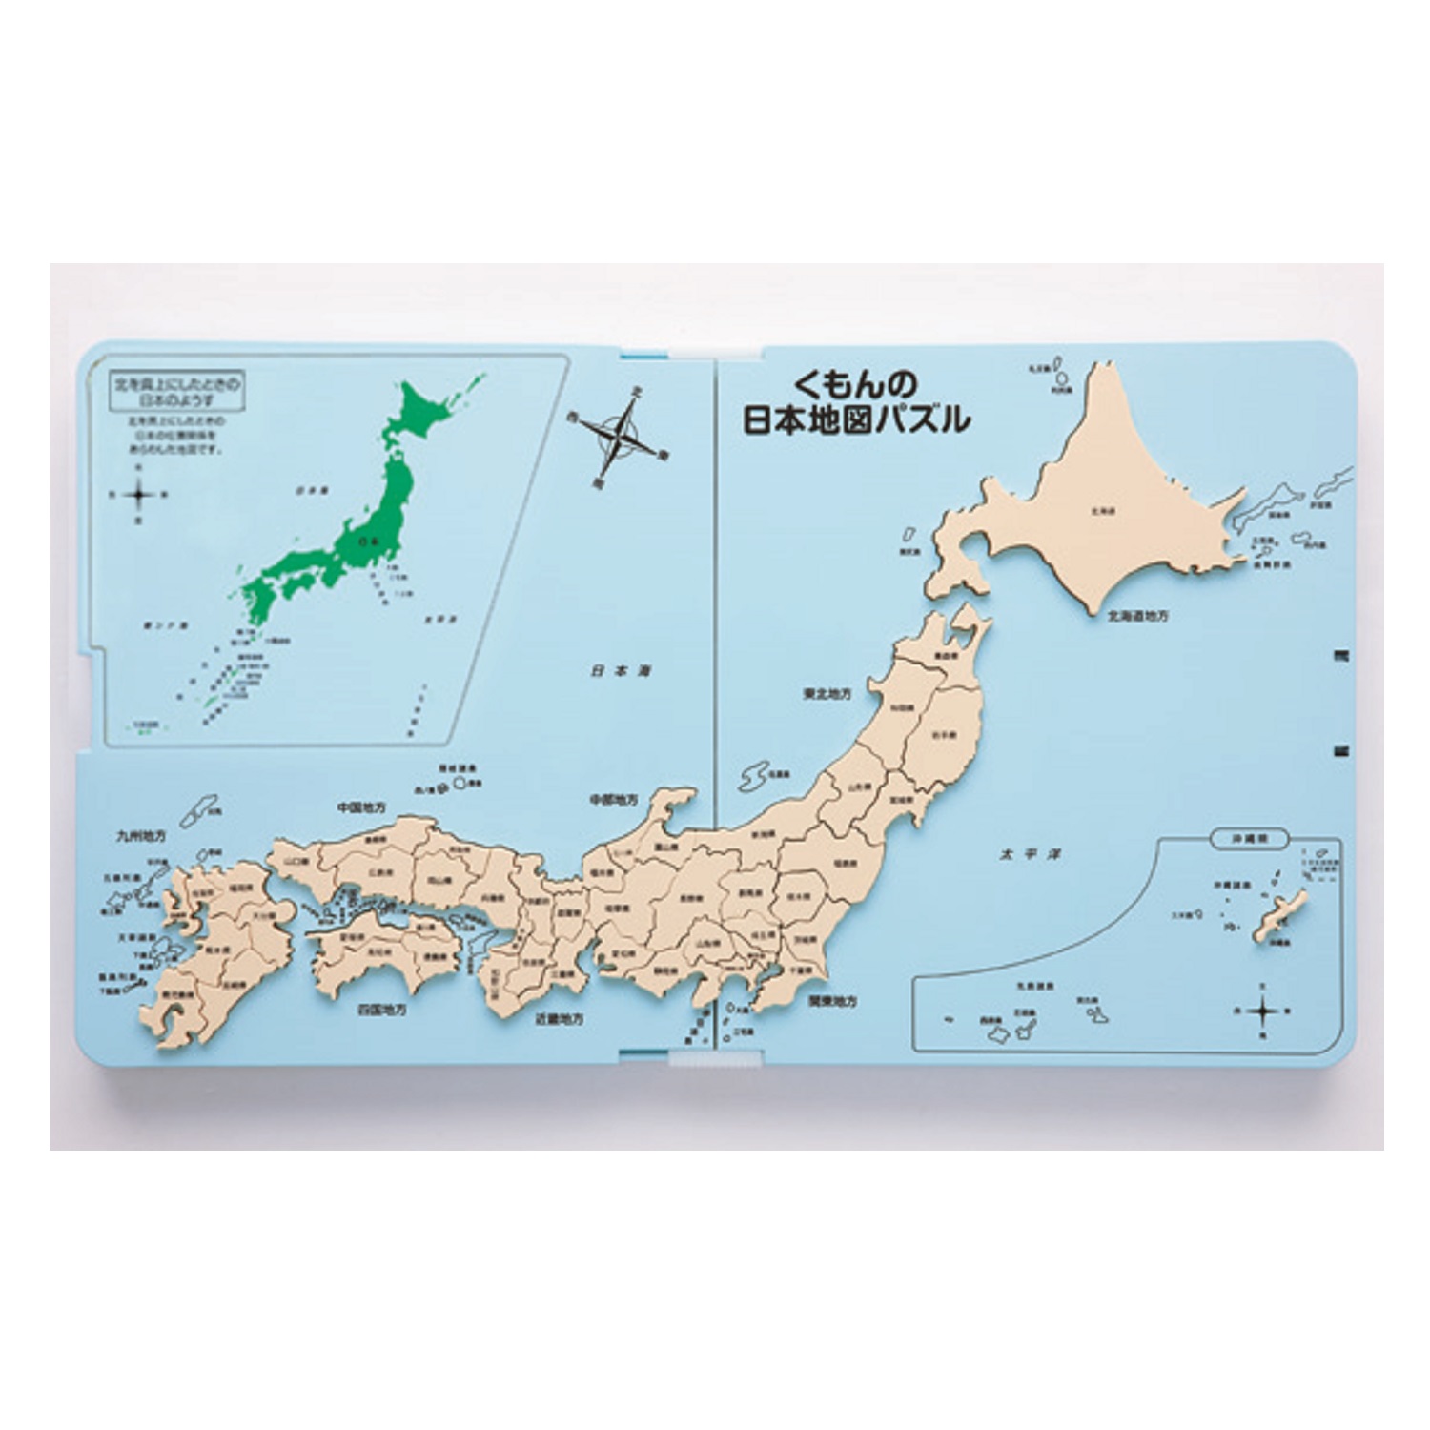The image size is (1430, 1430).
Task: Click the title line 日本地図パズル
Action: pyautogui.click(x=855, y=420)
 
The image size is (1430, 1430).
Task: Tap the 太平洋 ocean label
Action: pyautogui.click(x=1016, y=855)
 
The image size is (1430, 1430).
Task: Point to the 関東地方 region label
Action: pyautogui.click(x=832, y=1002)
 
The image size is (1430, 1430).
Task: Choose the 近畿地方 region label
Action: pyautogui.click(x=560, y=1019)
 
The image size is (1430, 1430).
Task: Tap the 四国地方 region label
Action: pyautogui.click(x=381, y=1008)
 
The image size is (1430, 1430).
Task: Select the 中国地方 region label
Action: pyautogui.click(x=361, y=807)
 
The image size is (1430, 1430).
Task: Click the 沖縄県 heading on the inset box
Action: pyautogui.click(x=1247, y=839)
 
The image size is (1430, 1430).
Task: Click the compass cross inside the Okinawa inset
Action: pyautogui.click(x=1261, y=1009)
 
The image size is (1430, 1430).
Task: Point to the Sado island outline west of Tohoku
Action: pyautogui.click(x=754, y=777)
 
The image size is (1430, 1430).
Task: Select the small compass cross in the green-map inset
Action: pyautogui.click(x=139, y=493)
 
